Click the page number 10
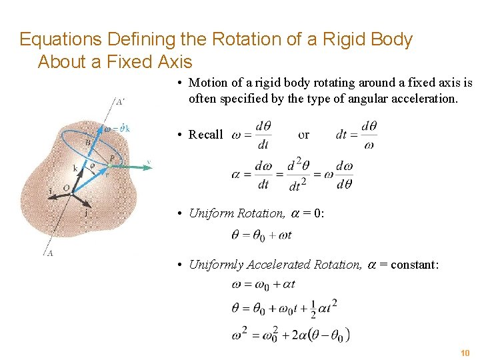pos(465,352)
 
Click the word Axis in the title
pos(175,62)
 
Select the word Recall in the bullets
pos(205,134)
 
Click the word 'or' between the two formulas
pos(303,134)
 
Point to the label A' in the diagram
pos(119,102)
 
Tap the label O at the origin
pos(67,189)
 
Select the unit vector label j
pos(85,213)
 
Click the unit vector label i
pos(49,191)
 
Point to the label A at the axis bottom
pos(50,253)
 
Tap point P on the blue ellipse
pos(111,159)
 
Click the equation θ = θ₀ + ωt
pos(261,235)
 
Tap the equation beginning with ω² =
pos(291,333)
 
